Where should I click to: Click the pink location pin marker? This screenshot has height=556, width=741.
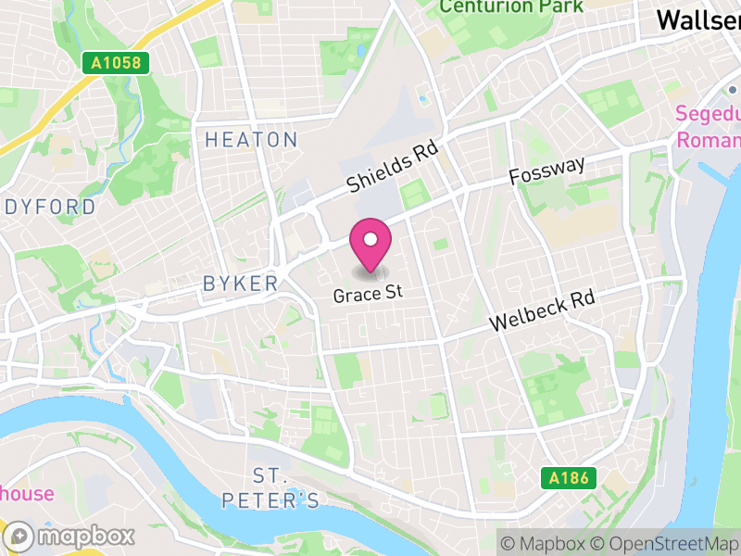tap(370, 246)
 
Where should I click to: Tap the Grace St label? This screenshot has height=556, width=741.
tap(370, 293)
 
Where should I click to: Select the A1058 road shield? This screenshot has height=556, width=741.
tap(116, 63)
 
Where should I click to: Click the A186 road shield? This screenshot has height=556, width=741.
tap(569, 478)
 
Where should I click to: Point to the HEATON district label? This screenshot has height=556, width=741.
tap(251, 140)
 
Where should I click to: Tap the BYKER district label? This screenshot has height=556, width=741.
tap(241, 284)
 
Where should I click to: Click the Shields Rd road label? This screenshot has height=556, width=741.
tap(392, 168)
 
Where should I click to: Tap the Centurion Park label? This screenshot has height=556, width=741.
tap(511, 6)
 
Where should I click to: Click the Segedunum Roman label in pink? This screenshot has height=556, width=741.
tap(709, 127)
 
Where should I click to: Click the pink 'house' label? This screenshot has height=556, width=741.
tap(27, 493)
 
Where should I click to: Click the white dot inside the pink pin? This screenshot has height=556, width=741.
tap(370, 240)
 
